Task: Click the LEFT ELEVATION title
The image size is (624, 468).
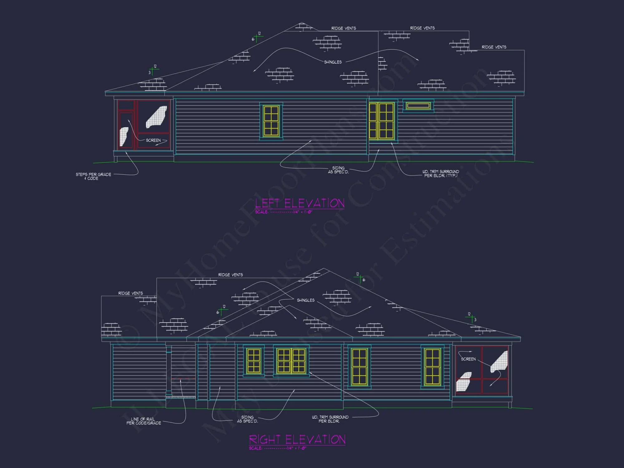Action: (x=300, y=203)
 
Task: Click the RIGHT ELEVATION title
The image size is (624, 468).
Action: (x=297, y=440)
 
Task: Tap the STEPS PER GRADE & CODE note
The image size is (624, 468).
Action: (x=93, y=176)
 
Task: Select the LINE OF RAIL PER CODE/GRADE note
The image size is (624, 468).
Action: (x=144, y=421)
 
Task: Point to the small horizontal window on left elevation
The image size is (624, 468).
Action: (x=418, y=106)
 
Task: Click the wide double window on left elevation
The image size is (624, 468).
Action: (x=381, y=120)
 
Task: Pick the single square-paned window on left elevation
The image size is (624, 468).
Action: (x=271, y=121)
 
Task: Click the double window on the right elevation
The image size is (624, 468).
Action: (x=291, y=361)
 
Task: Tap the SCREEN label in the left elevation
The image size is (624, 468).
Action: (x=153, y=140)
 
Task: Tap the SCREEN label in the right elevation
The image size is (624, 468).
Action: (x=468, y=359)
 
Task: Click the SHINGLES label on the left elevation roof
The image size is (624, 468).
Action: (x=333, y=62)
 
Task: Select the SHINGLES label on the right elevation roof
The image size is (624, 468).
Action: (x=305, y=300)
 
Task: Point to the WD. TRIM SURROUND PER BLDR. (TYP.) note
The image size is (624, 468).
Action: (x=441, y=173)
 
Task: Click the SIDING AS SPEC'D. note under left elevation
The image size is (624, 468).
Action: (x=338, y=170)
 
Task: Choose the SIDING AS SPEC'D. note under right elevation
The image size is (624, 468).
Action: (x=247, y=419)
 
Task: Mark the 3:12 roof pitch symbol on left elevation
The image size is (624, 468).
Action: (x=153, y=70)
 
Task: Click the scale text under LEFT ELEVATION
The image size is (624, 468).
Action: (x=283, y=212)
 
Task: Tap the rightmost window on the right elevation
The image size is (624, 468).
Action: (x=432, y=367)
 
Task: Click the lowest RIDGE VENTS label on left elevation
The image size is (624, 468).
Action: (x=494, y=47)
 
